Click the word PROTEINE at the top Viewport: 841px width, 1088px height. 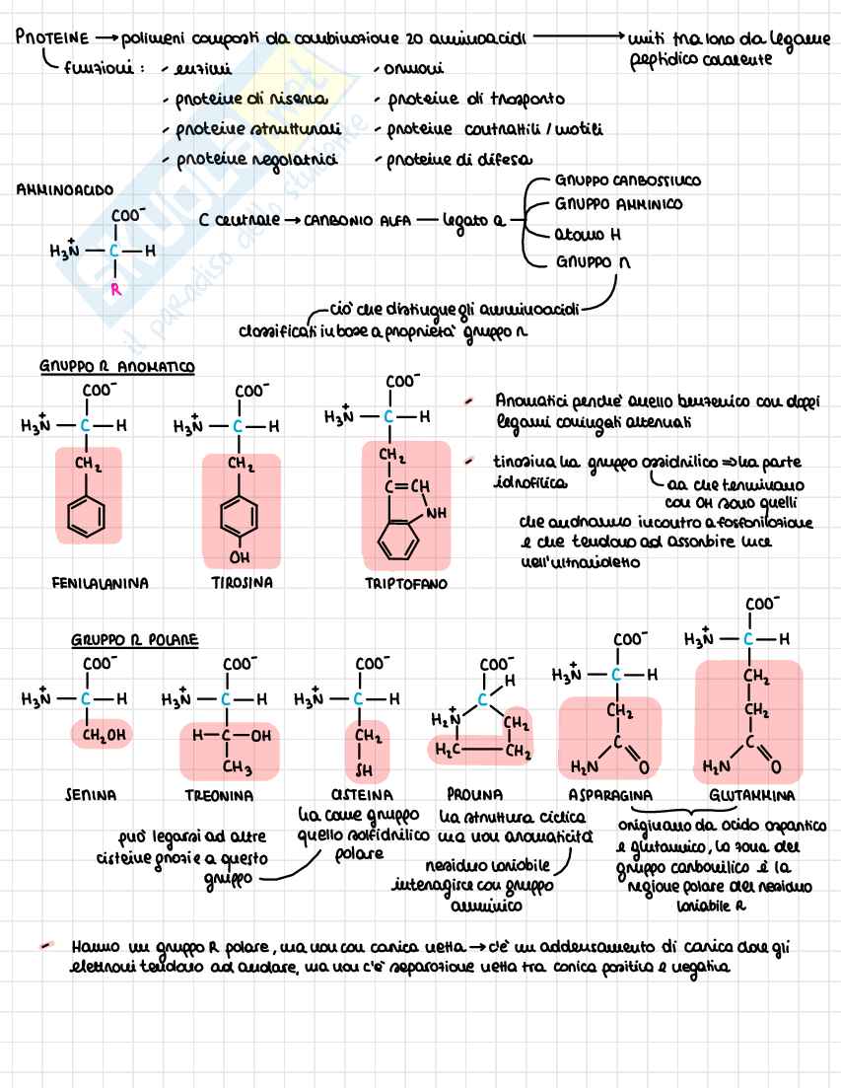(x=50, y=38)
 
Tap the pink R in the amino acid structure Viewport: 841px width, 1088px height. (x=114, y=289)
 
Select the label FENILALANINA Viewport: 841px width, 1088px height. (x=100, y=583)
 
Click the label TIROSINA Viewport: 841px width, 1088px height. (x=242, y=583)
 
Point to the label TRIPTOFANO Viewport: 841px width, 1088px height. (x=405, y=583)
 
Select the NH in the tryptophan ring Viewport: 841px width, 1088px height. (x=435, y=513)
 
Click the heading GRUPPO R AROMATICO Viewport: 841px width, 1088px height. (x=117, y=366)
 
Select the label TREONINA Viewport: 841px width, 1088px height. (x=218, y=794)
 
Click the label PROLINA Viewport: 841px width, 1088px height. (x=474, y=793)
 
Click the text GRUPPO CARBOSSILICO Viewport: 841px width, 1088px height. (x=628, y=181)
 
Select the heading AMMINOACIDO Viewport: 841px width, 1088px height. (x=65, y=189)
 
